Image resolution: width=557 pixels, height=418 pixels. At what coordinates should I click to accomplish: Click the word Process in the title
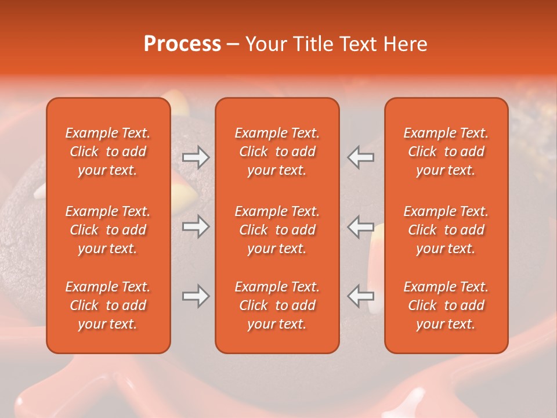click(182, 44)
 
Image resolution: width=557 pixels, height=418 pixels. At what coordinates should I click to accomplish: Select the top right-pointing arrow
click(196, 157)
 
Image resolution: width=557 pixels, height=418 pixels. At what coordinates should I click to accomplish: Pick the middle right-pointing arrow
click(196, 226)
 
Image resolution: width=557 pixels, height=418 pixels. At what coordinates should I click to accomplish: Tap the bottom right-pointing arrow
click(196, 296)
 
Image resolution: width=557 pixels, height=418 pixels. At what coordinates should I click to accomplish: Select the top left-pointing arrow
click(361, 157)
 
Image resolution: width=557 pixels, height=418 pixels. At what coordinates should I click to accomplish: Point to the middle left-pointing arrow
click(361, 226)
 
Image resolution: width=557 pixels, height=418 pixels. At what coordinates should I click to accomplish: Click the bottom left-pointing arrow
click(361, 296)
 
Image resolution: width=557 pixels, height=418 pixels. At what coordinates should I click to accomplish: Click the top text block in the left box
click(108, 152)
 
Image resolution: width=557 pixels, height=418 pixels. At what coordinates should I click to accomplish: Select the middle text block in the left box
click(108, 230)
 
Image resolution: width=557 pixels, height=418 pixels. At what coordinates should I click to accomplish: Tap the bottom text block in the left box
click(108, 305)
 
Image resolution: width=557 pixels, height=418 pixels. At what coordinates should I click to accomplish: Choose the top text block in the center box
click(277, 152)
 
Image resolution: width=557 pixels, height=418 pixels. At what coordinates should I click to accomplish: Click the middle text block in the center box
click(277, 230)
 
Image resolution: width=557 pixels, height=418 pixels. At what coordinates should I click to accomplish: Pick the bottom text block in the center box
click(277, 305)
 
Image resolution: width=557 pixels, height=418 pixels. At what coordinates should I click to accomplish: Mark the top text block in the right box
click(446, 152)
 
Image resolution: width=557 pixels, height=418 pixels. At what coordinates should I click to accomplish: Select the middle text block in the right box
click(446, 230)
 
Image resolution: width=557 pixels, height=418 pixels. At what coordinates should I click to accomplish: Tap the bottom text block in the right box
click(446, 305)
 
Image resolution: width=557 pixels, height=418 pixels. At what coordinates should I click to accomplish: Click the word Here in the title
click(406, 44)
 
